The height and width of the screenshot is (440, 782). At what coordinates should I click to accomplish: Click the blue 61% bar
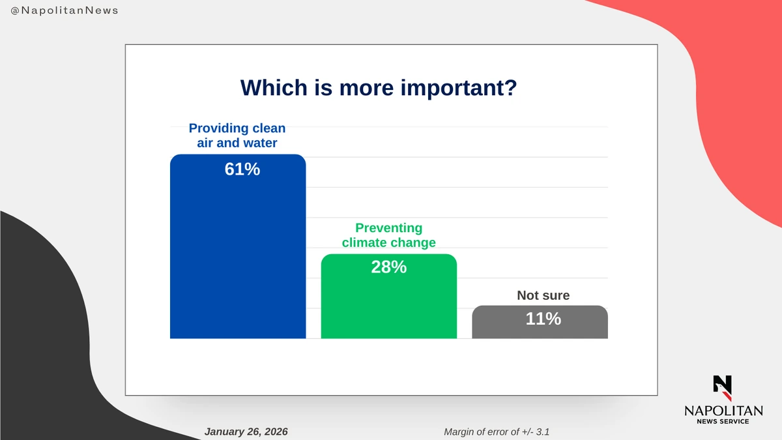238,246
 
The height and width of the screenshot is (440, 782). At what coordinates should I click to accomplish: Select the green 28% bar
389,296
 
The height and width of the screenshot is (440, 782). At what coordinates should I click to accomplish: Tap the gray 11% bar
540,322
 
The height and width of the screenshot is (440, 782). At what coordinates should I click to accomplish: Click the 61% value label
242,169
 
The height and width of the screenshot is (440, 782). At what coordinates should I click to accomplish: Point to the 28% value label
389,267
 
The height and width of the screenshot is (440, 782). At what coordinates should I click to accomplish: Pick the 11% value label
543,319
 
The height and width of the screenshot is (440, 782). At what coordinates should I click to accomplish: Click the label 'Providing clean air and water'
237,136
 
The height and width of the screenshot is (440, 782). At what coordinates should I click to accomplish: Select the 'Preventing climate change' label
389,235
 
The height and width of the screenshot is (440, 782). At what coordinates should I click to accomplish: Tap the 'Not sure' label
543,295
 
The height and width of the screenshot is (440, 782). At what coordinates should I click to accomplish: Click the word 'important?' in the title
458,88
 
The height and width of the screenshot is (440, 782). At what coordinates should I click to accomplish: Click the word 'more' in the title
366,90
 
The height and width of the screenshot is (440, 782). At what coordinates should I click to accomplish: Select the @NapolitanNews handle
65,10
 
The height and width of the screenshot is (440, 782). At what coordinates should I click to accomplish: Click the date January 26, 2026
246,432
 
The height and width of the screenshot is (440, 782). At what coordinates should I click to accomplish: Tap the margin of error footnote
497,432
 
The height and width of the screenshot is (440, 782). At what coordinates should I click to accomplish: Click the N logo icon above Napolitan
722,388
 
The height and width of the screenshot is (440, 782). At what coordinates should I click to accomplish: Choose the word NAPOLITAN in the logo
723,411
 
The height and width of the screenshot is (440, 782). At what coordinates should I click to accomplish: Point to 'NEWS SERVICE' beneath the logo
723,422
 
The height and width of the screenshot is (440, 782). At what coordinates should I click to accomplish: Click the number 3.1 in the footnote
542,432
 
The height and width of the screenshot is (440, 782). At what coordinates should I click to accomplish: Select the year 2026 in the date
276,432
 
